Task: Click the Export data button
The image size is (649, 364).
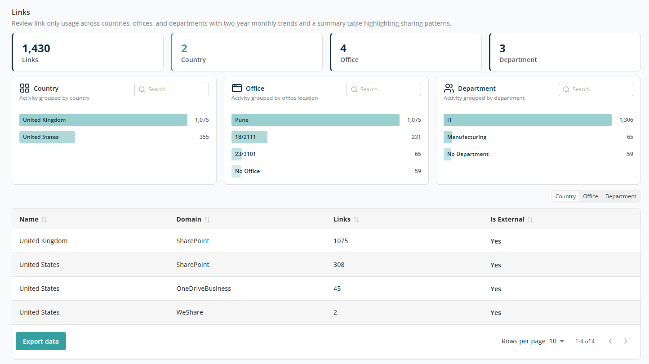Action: click(x=41, y=341)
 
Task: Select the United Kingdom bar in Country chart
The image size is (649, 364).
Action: click(x=103, y=120)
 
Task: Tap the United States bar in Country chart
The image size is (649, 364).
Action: click(x=47, y=137)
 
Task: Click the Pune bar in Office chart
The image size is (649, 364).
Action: click(x=315, y=120)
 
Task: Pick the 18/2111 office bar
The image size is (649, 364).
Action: click(x=249, y=137)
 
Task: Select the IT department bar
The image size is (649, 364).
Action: click(x=527, y=120)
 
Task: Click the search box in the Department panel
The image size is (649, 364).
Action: click(x=596, y=89)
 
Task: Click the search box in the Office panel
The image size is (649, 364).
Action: click(x=384, y=89)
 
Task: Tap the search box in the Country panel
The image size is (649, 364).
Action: click(x=172, y=89)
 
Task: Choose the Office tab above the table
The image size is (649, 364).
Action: click(x=591, y=196)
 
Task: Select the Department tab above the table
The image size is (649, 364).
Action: click(x=621, y=196)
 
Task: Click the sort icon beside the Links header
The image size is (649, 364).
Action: click(x=356, y=219)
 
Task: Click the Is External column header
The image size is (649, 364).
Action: click(x=507, y=219)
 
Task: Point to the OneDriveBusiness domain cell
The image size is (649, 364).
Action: click(x=204, y=289)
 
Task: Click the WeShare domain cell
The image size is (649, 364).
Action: click(x=190, y=312)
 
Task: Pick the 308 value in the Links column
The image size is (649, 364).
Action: click(x=339, y=265)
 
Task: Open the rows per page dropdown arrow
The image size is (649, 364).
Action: click(x=562, y=342)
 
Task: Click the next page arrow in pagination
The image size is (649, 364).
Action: click(x=626, y=341)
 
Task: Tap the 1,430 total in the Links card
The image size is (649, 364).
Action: click(x=36, y=49)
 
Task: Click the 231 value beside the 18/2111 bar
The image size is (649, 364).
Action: click(x=416, y=137)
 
